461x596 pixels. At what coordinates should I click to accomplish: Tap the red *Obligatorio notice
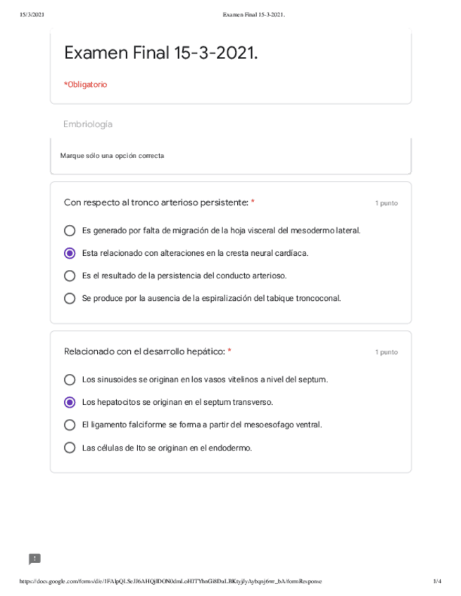[85, 84]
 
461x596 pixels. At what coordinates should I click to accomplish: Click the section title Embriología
[88, 124]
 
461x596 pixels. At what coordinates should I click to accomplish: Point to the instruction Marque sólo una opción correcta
[112, 155]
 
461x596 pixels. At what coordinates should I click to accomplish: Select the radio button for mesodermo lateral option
[70, 231]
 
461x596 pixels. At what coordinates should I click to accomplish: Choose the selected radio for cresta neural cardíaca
[70, 253]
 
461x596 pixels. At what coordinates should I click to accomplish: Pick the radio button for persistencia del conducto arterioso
[70, 276]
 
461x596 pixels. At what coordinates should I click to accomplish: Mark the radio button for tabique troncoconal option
[70, 298]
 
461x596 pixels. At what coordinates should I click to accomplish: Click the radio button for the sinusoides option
[70, 380]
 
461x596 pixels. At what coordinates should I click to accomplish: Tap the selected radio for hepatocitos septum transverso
[70, 402]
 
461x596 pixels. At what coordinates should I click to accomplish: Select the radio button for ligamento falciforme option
[70, 425]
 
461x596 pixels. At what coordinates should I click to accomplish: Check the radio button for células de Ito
[70, 447]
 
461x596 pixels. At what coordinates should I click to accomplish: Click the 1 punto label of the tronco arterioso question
[386, 203]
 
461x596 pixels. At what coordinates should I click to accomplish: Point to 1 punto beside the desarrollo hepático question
[386, 352]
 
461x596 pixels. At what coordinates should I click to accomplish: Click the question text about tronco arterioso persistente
[156, 202]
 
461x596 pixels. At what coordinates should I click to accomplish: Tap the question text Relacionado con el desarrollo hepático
[144, 351]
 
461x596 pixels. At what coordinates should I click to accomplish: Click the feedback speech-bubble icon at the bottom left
[34, 559]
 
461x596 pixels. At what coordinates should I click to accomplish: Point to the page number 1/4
[437, 581]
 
